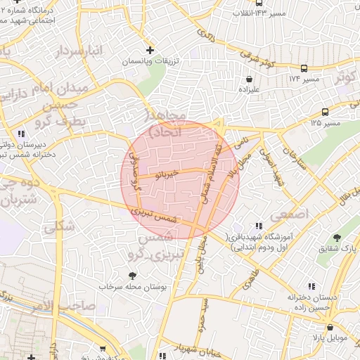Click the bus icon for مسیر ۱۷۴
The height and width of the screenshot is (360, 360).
pos(304,68)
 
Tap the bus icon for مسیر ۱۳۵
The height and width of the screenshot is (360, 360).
pos(325,112)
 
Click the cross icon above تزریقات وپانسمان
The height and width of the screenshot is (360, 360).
pos(149,50)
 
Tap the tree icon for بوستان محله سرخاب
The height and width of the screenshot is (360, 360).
pos(131,275)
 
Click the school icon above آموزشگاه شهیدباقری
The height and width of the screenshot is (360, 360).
pos(259,226)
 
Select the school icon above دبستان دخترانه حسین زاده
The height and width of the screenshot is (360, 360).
pos(309,285)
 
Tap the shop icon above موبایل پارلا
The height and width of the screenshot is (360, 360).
pos(329,326)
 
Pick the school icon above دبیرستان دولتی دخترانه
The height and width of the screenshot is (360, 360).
pos(22,133)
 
